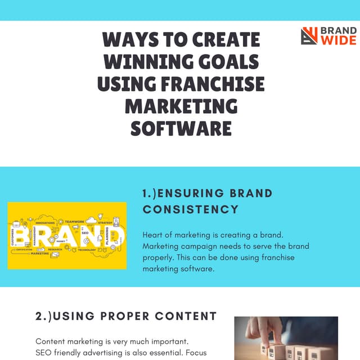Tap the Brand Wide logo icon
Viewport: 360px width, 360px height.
[x=309, y=35]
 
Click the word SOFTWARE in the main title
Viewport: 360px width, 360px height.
[x=181, y=128]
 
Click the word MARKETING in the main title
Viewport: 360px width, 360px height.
[x=181, y=106]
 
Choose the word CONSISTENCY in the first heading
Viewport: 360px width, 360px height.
[x=190, y=209]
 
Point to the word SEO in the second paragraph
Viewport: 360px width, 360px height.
[x=43, y=352]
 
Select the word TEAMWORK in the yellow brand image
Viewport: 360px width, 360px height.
[x=75, y=222]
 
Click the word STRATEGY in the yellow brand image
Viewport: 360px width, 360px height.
[x=105, y=222]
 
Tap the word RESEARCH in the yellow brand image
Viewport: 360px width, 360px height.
[x=55, y=249]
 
